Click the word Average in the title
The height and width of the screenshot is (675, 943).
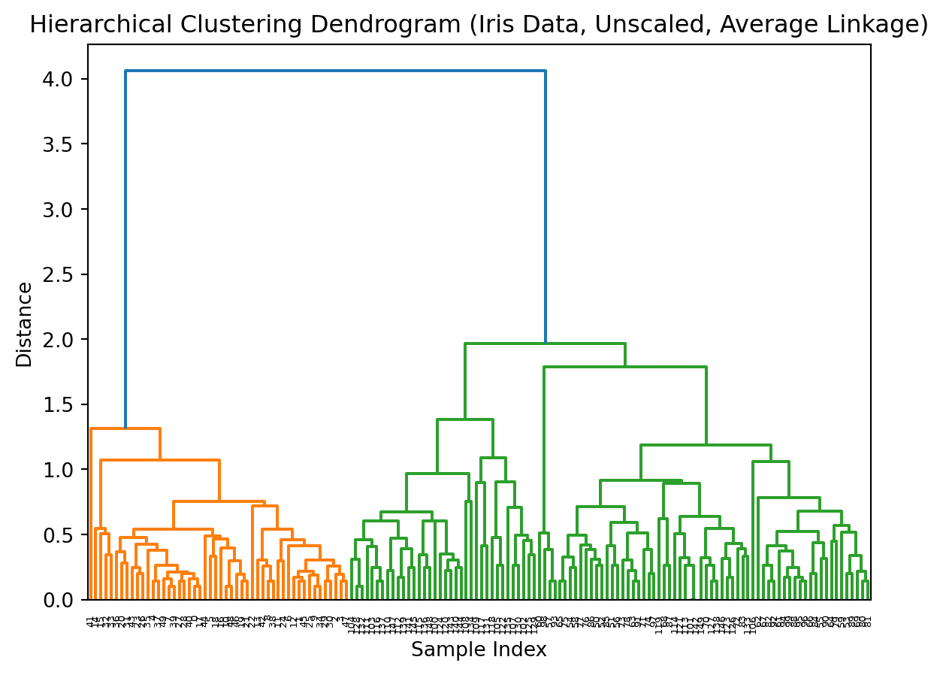pyautogui.click(x=763, y=26)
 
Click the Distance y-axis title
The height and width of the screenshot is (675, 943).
pyautogui.click(x=25, y=324)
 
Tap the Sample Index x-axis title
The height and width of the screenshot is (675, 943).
pyautogui.click(x=479, y=650)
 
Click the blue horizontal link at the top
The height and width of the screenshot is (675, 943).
pyautogui.click(x=335, y=71)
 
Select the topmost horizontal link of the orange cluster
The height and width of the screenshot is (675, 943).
pyautogui.click(x=125, y=428)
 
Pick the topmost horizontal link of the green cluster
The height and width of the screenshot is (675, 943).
pyautogui.click(x=545, y=344)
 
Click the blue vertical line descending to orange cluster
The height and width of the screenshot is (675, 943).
pyautogui.click(x=125, y=248)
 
